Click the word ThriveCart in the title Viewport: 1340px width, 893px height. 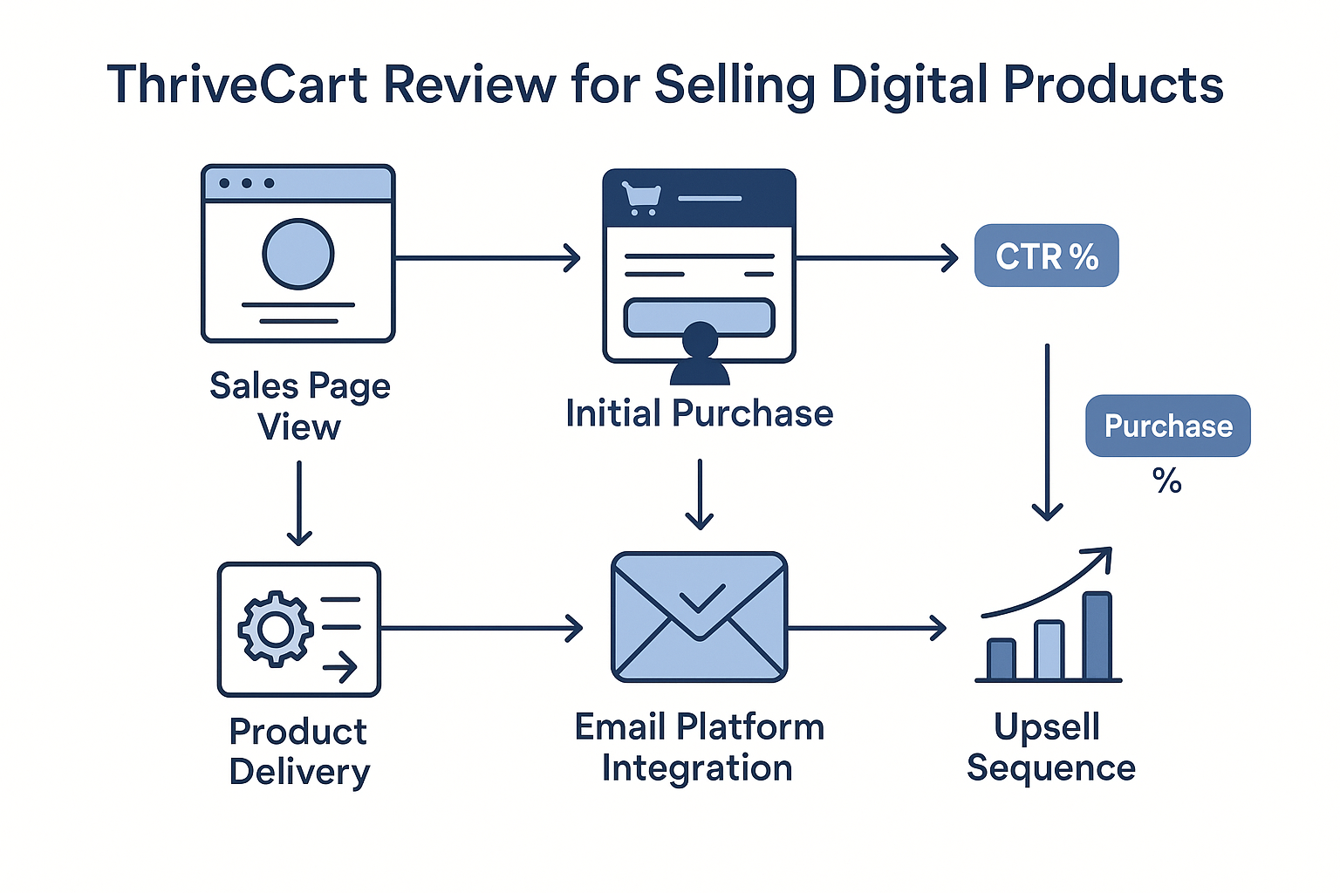(237, 85)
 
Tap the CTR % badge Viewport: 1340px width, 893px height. (1046, 256)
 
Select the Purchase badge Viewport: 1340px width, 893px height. (1167, 426)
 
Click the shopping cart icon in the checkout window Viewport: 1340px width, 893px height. (640, 198)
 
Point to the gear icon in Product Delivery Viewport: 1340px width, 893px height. (275, 628)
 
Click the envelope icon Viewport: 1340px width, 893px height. (699, 617)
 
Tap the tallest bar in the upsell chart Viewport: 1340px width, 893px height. (1097, 636)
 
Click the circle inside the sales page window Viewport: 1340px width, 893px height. (298, 254)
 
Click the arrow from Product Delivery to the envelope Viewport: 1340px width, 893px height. (482, 628)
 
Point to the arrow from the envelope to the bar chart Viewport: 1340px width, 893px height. (867, 628)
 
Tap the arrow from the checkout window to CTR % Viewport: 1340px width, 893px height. (877, 258)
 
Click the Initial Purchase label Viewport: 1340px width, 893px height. (699, 413)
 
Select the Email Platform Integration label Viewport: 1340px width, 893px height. (699, 747)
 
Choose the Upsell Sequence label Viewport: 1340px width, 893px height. (1050, 747)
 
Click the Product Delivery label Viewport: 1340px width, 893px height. (299, 752)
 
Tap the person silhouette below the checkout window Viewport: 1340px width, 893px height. (700, 356)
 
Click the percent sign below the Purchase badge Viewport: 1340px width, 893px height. (1166, 481)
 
